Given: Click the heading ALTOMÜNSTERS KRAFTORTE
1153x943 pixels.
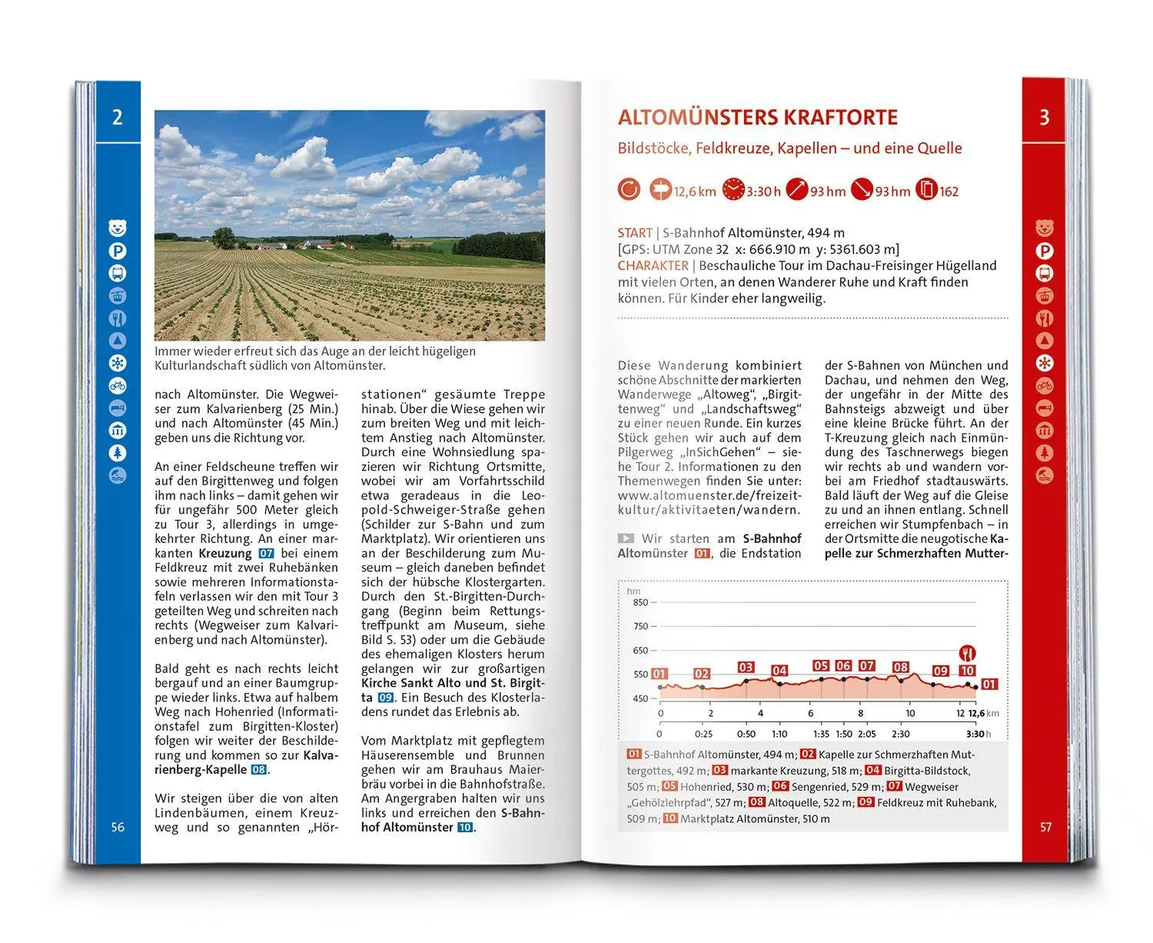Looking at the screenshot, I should [x=757, y=118].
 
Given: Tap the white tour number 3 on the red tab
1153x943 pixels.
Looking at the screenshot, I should [x=1044, y=118].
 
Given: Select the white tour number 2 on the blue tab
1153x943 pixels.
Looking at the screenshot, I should [x=117, y=118].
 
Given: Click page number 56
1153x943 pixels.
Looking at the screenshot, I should [x=118, y=827].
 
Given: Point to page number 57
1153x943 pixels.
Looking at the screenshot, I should [x=1045, y=827].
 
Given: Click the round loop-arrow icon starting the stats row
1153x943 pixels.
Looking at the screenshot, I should [x=629, y=189].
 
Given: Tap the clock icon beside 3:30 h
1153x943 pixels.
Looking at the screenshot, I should [x=733, y=189].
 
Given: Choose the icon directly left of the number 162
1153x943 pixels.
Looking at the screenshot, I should [x=927, y=189].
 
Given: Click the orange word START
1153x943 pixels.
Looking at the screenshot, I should [x=635, y=232].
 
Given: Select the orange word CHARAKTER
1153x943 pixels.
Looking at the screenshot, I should [x=653, y=265].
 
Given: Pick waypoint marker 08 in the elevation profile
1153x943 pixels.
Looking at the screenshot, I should [x=901, y=667].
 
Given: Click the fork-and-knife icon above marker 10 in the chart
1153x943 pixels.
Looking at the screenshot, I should [x=967, y=654].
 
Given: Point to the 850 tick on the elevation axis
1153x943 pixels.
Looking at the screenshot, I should [x=640, y=602].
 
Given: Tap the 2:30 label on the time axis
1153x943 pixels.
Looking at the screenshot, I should [x=900, y=734].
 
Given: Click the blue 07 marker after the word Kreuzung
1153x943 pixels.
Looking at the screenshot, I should [x=266, y=553].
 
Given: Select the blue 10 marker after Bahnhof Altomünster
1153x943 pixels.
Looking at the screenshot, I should [x=464, y=828].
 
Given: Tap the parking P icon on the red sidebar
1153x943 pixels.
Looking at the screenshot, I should [x=1045, y=251].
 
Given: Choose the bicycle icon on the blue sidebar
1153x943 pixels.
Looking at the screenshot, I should [x=117, y=385].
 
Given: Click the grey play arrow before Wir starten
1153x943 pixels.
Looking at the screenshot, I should [x=626, y=538].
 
